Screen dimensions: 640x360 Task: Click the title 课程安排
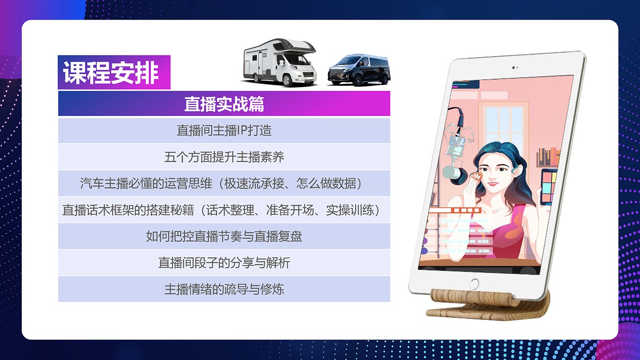click(x=111, y=73)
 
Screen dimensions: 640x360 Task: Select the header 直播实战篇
click(x=224, y=104)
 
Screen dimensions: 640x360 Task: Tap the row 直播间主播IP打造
click(x=224, y=130)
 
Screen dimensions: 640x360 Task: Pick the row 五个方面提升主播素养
click(x=224, y=157)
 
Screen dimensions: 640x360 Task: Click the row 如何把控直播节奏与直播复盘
click(x=224, y=236)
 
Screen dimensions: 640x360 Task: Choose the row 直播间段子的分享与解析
click(x=224, y=263)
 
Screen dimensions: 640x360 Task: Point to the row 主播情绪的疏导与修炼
click(x=224, y=289)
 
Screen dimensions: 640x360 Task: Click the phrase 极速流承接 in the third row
click(x=254, y=183)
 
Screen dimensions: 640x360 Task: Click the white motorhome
click(x=280, y=62)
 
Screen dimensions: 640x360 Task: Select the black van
click(x=359, y=70)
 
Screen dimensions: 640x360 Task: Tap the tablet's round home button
click(x=474, y=284)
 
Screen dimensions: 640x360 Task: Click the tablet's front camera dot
click(x=513, y=68)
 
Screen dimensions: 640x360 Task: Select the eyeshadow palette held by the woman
click(x=549, y=187)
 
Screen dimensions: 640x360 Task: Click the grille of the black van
click(x=335, y=73)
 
